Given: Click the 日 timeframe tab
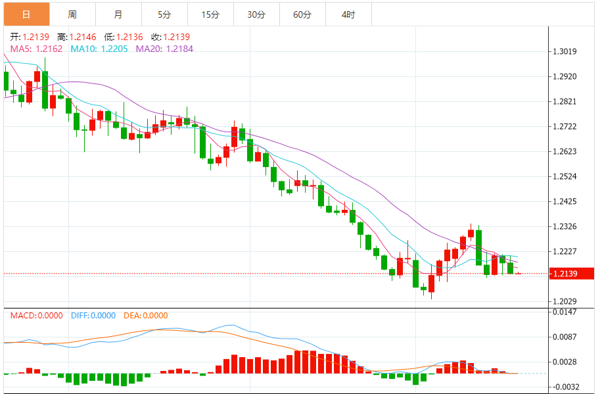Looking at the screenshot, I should click(26, 14).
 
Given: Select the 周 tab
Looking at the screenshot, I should click(72, 14).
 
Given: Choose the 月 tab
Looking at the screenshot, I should click(118, 14).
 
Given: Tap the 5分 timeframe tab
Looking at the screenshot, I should click(164, 14).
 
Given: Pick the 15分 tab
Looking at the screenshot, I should click(210, 14).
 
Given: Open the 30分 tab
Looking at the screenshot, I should click(256, 14).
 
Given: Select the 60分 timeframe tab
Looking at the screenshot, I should click(302, 14).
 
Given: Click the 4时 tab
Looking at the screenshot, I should click(348, 14).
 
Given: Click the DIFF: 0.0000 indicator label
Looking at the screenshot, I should click(93, 315).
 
